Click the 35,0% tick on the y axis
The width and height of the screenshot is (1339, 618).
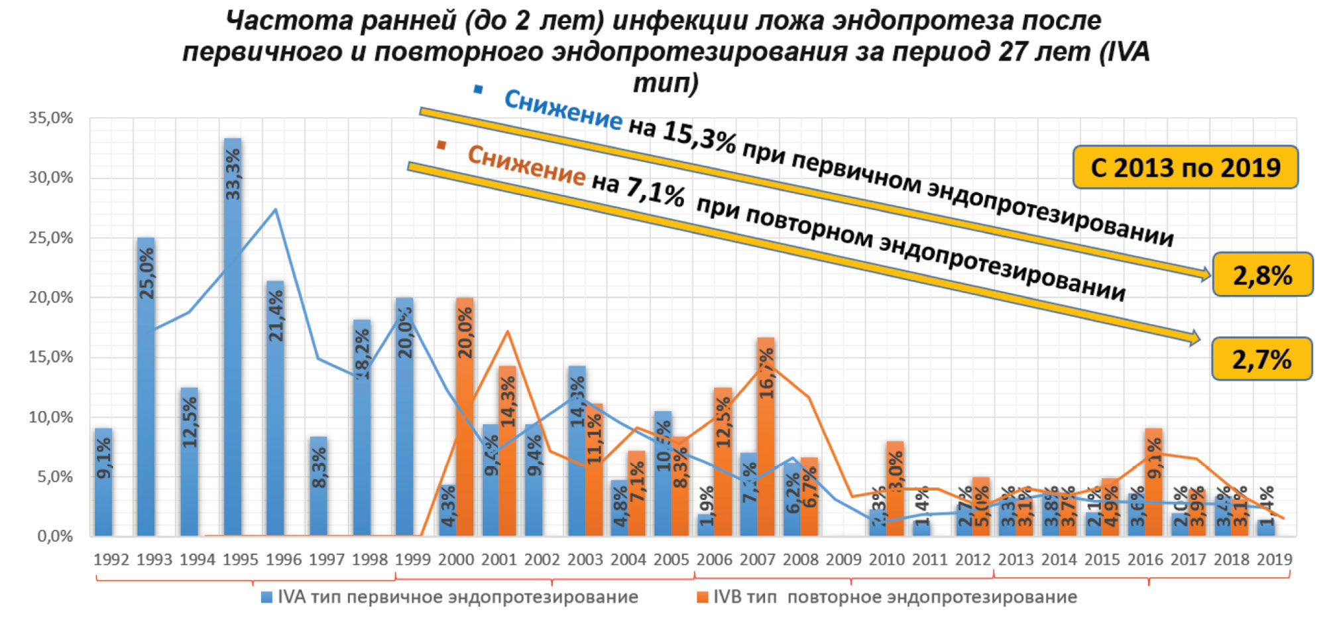tap(50, 118)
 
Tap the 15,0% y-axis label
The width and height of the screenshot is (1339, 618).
tap(50, 357)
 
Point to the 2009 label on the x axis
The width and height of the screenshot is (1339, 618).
tap(844, 560)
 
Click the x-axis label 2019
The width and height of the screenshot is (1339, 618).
tap(1274, 560)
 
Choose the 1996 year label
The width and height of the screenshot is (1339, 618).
tap(284, 560)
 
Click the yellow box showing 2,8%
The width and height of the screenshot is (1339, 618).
tap(1262, 275)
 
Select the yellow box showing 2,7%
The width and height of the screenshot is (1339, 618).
tap(1261, 359)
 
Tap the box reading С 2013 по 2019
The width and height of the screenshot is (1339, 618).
tap(1185, 167)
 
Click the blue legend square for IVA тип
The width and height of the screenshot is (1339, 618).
tap(267, 597)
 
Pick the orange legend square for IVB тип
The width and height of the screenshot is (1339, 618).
tap(703, 597)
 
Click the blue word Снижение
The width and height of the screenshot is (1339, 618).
tap(563, 109)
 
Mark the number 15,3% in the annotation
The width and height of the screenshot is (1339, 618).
tap(699, 136)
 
